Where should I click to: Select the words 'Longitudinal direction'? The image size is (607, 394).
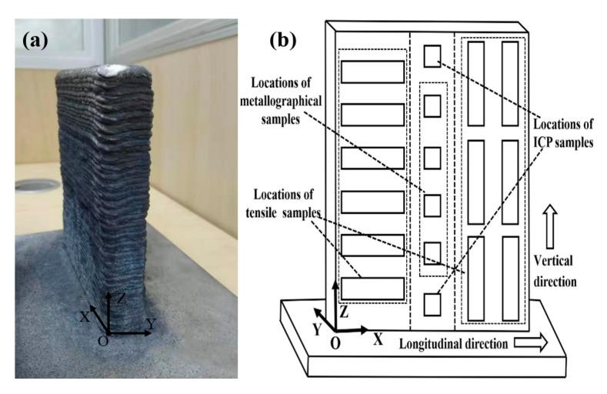pyautogui.click(x=452, y=343)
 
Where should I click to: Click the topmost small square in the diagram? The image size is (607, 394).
pyautogui.click(x=433, y=55)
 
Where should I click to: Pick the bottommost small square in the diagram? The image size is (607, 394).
pyautogui.click(x=433, y=303)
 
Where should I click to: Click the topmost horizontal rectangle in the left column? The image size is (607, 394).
pyautogui.click(x=373, y=71)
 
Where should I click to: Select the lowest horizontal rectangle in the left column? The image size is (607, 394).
pyautogui.click(x=373, y=288)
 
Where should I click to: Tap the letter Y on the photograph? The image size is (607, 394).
pyautogui.click(x=152, y=324)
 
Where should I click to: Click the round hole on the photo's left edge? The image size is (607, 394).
pyautogui.click(x=35, y=186)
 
